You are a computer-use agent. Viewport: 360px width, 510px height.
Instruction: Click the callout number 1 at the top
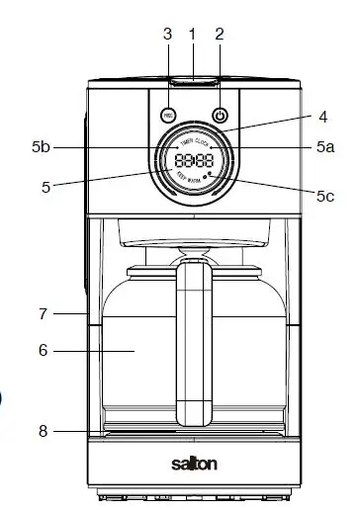point(194,33)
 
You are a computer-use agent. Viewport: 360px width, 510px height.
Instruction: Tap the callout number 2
point(220,33)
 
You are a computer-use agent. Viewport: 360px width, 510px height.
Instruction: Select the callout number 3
point(167,33)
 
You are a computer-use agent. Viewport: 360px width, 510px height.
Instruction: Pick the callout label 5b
point(41,147)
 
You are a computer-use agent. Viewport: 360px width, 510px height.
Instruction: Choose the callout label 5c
point(324,196)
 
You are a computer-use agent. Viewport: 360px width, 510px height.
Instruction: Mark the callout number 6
point(43,350)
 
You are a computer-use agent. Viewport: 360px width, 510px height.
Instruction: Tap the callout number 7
point(43,314)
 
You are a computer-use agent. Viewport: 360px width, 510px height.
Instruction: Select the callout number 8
point(43,430)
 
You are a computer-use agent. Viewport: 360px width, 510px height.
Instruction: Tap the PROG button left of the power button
point(168,115)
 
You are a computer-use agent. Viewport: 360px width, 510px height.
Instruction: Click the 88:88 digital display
point(193,160)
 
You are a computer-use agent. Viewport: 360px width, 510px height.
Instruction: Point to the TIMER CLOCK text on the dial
point(193,141)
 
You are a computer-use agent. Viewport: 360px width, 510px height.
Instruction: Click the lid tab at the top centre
point(194,79)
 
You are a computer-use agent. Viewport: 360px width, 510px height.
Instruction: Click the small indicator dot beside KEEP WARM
point(211,174)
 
